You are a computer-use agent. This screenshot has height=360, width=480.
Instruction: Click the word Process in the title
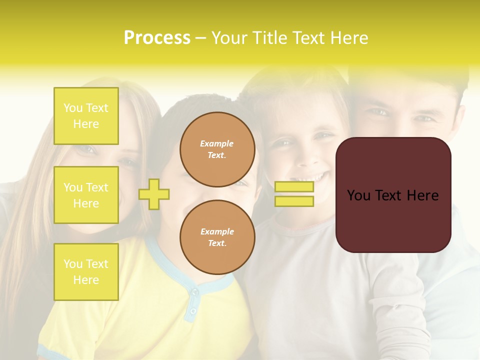point(157,38)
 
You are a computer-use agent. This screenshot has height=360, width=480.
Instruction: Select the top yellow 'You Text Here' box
point(86,116)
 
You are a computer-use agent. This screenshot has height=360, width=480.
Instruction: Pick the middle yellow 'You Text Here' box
point(86,195)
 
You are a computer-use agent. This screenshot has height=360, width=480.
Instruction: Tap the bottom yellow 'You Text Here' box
point(86,272)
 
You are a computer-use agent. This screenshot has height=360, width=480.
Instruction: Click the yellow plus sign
point(154,194)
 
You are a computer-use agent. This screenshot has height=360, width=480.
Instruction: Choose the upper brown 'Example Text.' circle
point(217,149)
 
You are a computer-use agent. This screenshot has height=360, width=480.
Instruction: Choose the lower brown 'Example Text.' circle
point(217,237)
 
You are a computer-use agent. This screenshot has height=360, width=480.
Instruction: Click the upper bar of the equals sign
point(294,187)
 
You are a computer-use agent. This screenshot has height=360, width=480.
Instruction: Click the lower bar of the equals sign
point(294,201)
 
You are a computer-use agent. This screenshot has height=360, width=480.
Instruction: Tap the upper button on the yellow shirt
point(195,291)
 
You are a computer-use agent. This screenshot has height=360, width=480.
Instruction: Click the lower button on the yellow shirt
point(192,311)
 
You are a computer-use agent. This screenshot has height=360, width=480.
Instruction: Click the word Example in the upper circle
point(217,143)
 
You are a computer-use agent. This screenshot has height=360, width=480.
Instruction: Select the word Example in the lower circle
point(217,231)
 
